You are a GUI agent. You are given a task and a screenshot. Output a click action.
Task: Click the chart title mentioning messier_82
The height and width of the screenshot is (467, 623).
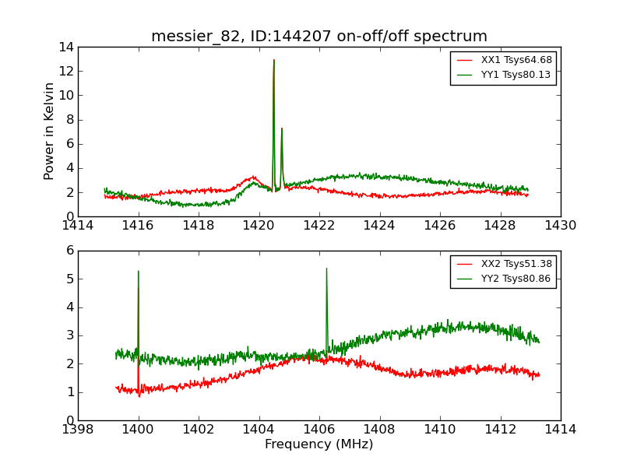click(x=319, y=37)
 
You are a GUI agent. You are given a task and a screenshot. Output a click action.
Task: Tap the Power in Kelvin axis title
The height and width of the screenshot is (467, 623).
click(x=50, y=131)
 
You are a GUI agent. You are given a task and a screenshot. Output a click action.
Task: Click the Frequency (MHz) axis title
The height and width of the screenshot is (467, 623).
click(x=319, y=444)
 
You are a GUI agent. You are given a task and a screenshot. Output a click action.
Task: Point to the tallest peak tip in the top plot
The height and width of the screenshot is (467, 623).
click(x=274, y=60)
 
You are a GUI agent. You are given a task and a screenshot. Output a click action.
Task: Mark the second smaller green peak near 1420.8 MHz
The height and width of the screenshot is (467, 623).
click(x=282, y=128)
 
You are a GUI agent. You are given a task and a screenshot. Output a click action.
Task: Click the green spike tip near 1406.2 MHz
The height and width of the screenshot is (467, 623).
click(x=326, y=269)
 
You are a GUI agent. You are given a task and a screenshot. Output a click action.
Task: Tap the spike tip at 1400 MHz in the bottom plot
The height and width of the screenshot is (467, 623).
click(x=139, y=271)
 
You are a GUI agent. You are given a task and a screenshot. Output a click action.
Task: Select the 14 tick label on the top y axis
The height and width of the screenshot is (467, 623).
click(x=65, y=47)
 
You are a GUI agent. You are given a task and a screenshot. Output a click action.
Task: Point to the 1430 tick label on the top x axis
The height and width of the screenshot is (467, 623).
click(x=560, y=226)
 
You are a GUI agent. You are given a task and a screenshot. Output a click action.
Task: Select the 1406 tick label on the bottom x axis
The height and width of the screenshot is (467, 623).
click(x=319, y=429)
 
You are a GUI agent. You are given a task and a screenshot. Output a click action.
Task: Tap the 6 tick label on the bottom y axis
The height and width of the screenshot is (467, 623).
click(x=69, y=251)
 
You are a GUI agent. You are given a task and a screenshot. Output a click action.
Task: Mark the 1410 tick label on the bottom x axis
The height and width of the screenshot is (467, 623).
click(x=439, y=429)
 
